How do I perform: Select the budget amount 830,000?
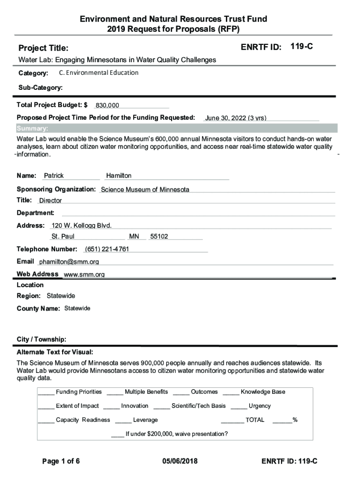(108, 106)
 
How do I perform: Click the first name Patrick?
(54, 176)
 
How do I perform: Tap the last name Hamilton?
(119, 176)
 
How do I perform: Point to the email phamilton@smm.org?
(69, 262)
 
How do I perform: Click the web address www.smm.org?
(84, 275)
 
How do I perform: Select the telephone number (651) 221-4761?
(107, 249)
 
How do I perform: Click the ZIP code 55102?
(159, 237)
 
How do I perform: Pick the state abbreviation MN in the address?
(134, 237)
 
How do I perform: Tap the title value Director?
(50, 201)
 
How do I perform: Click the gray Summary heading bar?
(176, 129)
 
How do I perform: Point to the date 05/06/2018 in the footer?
(180, 462)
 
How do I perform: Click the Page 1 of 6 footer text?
(61, 462)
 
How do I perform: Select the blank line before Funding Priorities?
(46, 392)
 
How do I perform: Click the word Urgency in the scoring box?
(259, 406)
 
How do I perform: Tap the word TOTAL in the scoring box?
(255, 420)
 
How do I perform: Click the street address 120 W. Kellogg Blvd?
(81, 225)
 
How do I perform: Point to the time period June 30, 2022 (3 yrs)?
(236, 118)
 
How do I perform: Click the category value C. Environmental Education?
(99, 73)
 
